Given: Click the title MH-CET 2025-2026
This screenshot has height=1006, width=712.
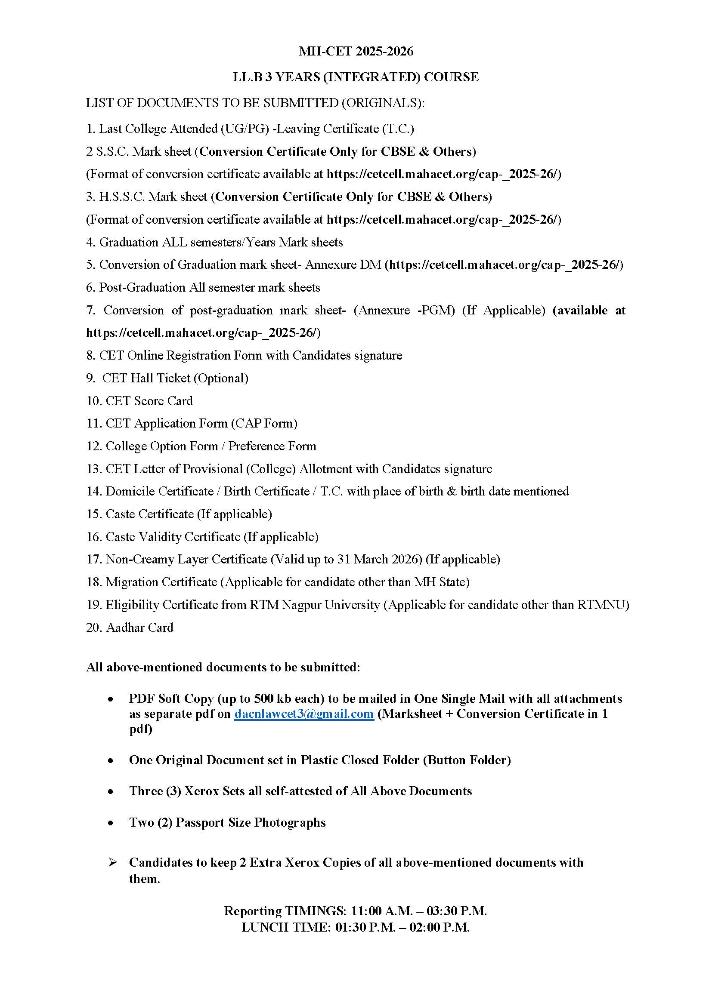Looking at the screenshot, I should click(x=356, y=52).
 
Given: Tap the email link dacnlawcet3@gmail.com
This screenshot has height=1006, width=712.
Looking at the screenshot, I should click(x=303, y=714).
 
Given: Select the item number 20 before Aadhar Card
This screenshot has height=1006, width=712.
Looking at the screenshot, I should click(x=94, y=628).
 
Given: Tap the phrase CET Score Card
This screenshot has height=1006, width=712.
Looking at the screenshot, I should click(x=149, y=401).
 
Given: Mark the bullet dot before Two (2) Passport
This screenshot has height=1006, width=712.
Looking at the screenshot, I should click(x=111, y=822).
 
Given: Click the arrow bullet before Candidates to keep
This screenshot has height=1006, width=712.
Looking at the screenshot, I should click(x=112, y=862).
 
